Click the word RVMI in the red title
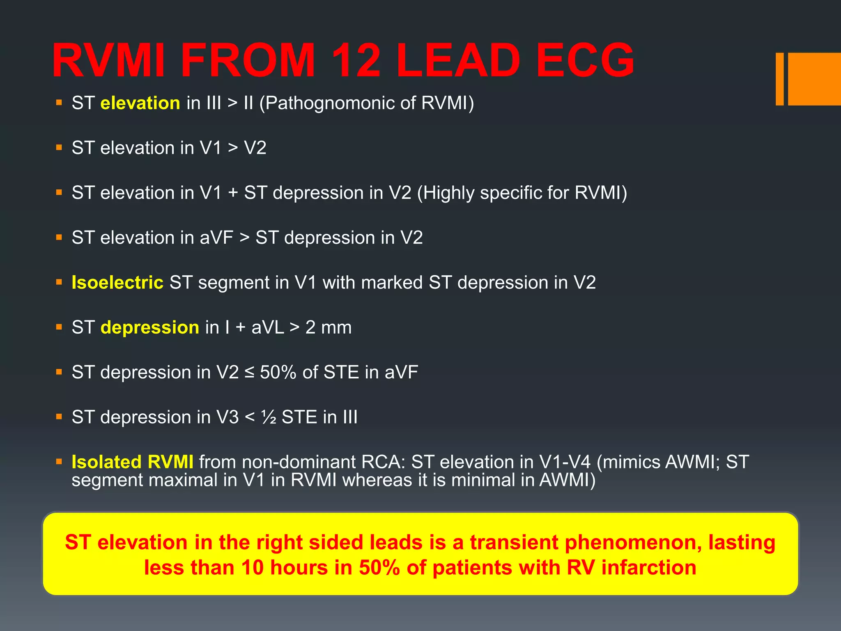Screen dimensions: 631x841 pos(108,61)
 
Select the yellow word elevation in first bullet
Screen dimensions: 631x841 pos(140,103)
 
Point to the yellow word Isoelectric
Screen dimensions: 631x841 pos(117,283)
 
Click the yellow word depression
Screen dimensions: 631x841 pos(150,327)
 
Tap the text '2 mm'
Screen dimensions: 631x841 pos(328,327)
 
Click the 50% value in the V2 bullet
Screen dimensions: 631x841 pos(278,372)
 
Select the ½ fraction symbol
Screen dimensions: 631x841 pos(269,417)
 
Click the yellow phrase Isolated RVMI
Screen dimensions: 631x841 pos(132,462)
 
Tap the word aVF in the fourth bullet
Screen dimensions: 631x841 pos(216,238)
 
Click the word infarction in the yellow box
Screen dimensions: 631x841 pos(648,568)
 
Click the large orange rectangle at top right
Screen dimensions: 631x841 pos(814,79)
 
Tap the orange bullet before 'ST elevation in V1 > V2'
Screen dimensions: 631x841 pos(59,147)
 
